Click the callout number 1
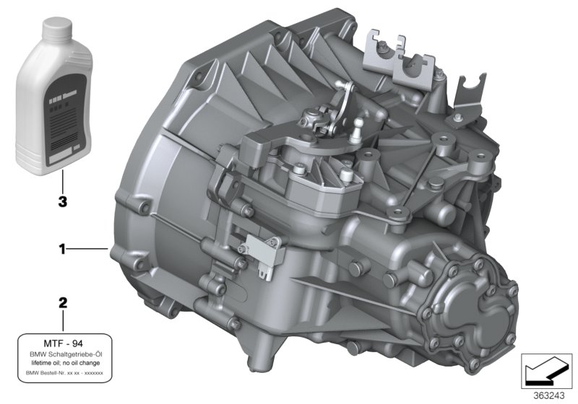coord(62,250)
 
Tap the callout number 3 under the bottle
coord(62,203)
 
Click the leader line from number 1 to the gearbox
coord(90,250)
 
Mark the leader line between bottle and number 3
coord(62,180)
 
